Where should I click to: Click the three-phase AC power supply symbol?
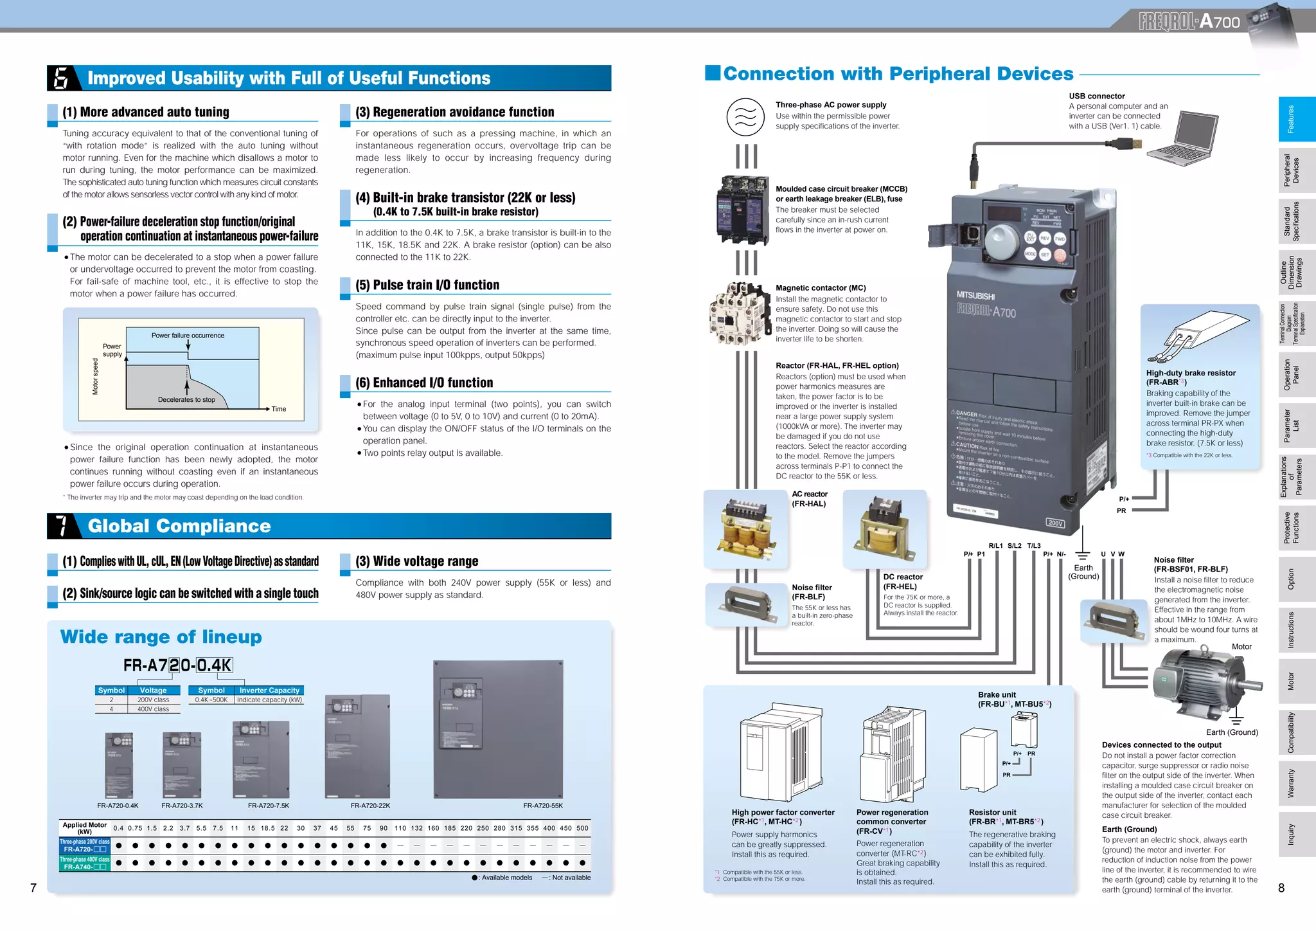(745, 117)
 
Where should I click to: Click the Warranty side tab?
(1292, 783)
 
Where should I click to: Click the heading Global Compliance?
(179, 526)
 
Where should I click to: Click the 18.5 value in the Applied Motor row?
(267, 828)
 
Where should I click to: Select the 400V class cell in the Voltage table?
(153, 709)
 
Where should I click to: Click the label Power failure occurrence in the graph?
(188, 336)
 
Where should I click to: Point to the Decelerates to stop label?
(186, 400)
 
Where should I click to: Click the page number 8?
(1281, 888)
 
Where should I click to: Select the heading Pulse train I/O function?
(427, 285)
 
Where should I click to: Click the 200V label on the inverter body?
(1055, 523)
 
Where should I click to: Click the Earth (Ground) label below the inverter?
(1083, 572)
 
